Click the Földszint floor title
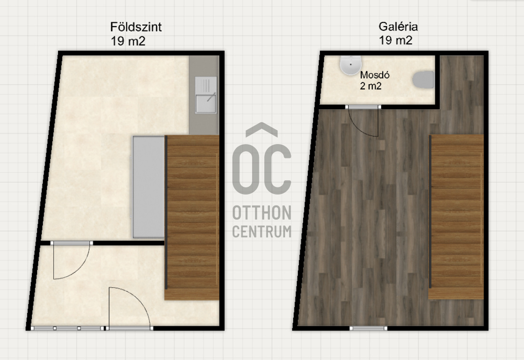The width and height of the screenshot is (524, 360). (x=136, y=27)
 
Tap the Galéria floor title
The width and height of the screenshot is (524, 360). (x=398, y=26)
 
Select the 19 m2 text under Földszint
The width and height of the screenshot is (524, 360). (x=128, y=41)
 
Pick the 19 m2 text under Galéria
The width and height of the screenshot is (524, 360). (x=395, y=40)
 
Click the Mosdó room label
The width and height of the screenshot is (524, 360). (x=375, y=75)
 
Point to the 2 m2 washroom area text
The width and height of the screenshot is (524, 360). (x=371, y=86)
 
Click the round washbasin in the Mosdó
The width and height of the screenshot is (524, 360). (x=351, y=65)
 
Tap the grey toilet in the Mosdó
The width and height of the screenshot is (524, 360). (x=423, y=80)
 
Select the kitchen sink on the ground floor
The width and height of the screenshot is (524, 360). (x=206, y=95)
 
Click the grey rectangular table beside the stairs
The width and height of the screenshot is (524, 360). (x=148, y=187)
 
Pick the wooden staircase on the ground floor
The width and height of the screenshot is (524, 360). (x=192, y=217)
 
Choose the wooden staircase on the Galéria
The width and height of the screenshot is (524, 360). (x=456, y=217)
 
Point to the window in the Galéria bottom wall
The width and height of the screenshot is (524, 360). (x=368, y=328)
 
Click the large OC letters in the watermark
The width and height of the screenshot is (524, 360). (x=262, y=169)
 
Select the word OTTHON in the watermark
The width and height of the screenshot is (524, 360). (x=262, y=213)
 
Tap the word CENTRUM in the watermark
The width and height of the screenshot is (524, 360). (x=262, y=232)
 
